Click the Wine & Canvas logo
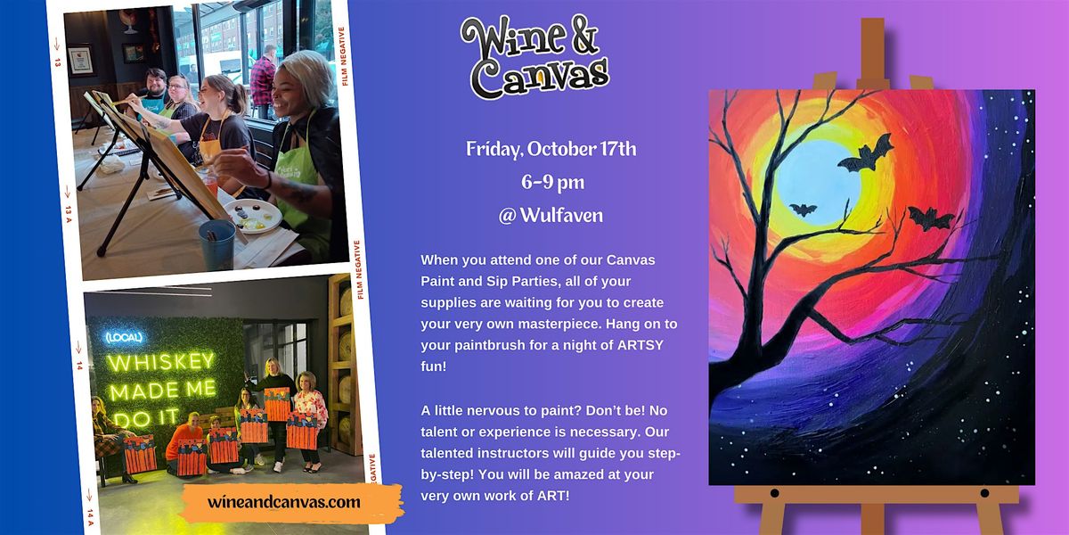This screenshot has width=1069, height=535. (x=534, y=57)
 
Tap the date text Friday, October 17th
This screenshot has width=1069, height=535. (x=551, y=149)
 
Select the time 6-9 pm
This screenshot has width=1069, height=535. (x=552, y=183)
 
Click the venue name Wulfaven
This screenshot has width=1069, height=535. (x=561, y=216)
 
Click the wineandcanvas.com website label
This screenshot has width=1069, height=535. (x=284, y=502)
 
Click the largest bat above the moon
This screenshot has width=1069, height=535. (x=865, y=152)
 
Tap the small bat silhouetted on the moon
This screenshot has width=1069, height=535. (x=804, y=210)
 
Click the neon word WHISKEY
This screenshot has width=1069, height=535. (x=161, y=362)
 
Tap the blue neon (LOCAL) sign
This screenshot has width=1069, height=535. (x=124, y=338)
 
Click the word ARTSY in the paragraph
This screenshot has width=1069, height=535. (x=641, y=345)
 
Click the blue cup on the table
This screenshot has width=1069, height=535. (x=217, y=244)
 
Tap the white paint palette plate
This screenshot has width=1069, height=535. (x=253, y=216)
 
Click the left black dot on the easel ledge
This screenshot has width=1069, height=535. (x=774, y=492)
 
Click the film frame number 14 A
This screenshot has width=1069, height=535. (x=90, y=517)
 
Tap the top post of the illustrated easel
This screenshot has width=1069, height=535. (x=873, y=53)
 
